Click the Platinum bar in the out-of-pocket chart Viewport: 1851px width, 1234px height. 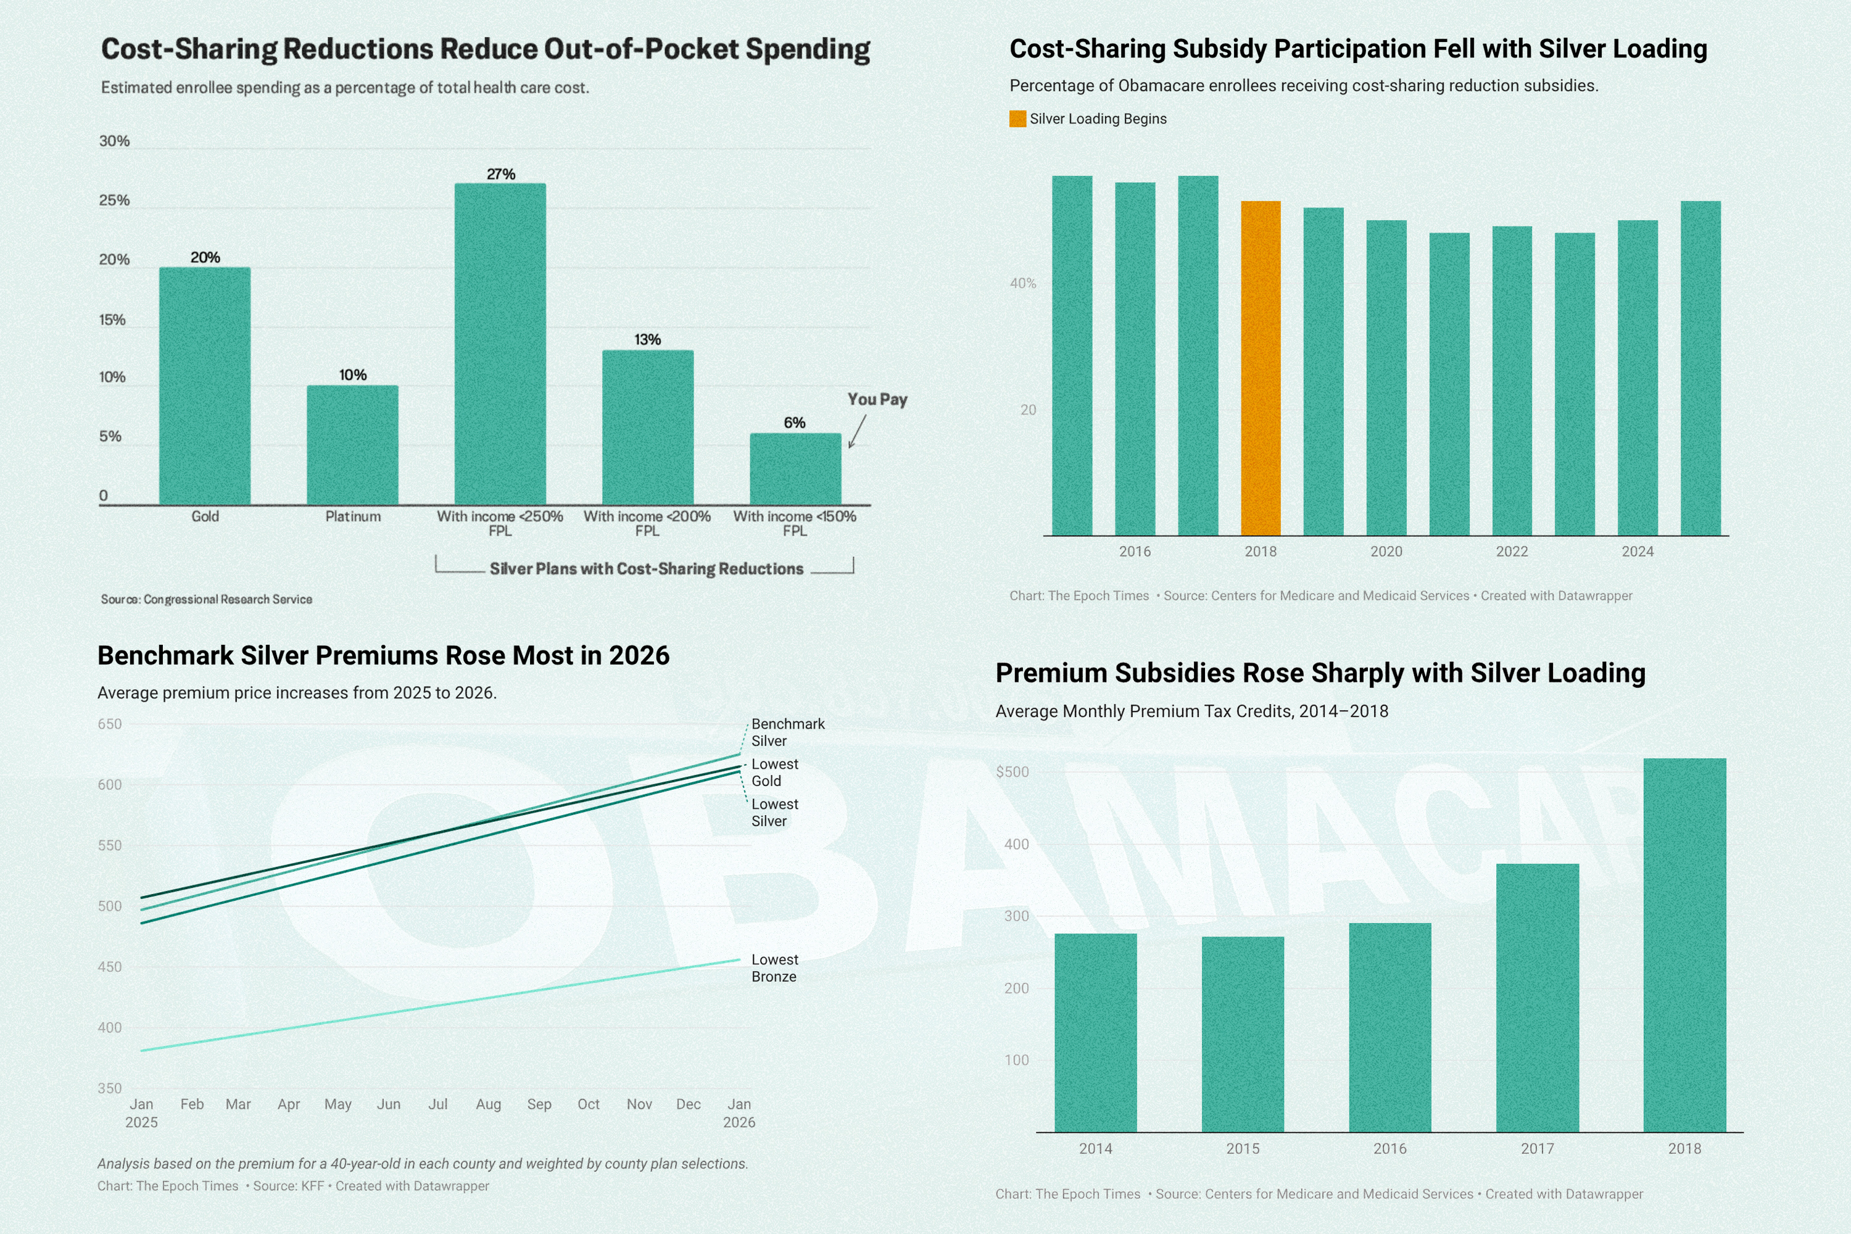352,445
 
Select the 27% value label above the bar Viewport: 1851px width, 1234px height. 500,174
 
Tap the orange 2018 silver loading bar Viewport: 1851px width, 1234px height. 1260,368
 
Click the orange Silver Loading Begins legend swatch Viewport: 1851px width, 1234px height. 1017,119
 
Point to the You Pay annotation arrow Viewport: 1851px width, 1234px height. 857,431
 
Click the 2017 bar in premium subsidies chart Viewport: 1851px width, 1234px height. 1537,998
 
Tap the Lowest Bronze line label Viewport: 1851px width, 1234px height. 774,968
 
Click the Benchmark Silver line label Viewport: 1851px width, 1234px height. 787,732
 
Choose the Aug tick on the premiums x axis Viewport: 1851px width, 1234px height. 488,1104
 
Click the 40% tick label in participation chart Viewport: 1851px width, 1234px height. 1022,283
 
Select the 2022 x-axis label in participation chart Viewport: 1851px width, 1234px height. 1511,552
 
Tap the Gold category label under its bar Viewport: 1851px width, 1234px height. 205,516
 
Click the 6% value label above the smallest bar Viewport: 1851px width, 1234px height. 794,423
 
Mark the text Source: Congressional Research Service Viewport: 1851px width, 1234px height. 206,600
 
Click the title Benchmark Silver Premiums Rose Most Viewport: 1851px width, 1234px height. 383,655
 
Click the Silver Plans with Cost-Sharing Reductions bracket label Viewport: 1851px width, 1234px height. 646,569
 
